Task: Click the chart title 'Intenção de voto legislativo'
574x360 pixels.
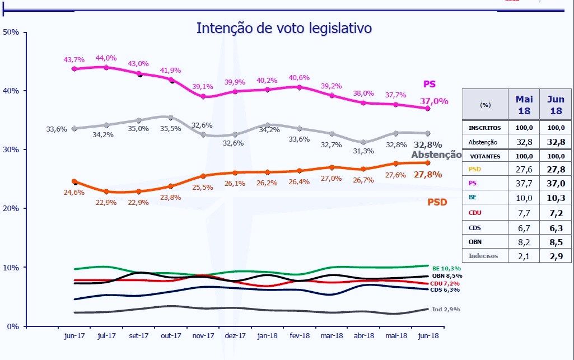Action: coord(284,28)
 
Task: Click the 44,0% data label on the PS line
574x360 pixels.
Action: coord(106,58)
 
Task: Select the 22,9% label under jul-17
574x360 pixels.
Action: coord(106,203)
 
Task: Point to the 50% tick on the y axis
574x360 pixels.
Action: coord(11,32)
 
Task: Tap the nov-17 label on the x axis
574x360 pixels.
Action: coord(203,335)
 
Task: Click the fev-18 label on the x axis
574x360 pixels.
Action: coord(299,335)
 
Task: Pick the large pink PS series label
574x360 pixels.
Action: coord(429,85)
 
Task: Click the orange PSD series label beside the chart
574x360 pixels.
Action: coord(437,202)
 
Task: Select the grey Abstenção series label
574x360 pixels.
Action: coord(436,155)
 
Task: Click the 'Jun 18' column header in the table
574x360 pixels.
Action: coord(556,104)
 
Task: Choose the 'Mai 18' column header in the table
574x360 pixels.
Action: coord(524,104)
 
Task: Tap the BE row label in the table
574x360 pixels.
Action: coord(473,198)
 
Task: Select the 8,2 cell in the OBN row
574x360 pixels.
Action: coord(524,242)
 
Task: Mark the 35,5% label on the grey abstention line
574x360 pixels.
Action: coord(170,128)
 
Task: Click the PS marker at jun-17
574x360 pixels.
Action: coord(74,69)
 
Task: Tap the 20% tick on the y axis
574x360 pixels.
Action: coord(11,208)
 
